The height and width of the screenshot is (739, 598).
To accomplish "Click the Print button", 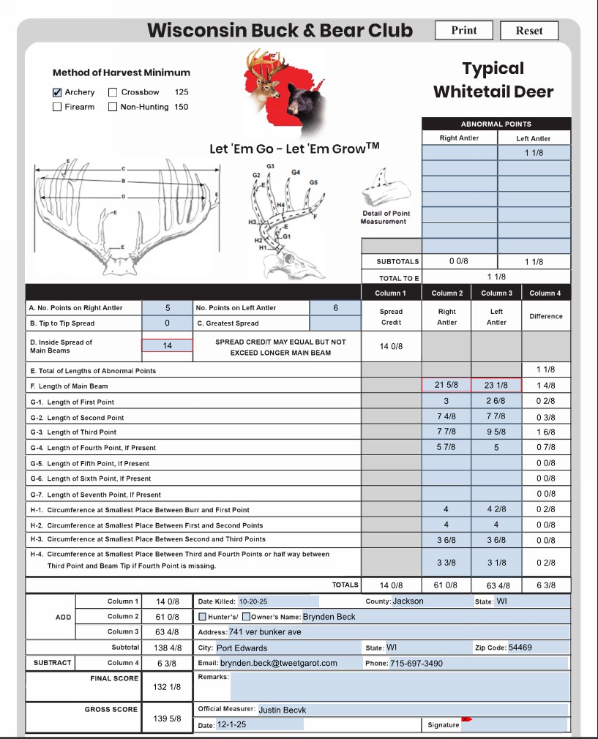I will tap(463, 30).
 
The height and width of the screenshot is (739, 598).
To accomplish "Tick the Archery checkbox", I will tap(57, 93).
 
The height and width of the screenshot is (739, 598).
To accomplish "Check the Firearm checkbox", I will tap(57, 107).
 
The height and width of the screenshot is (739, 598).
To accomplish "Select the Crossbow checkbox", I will tap(113, 93).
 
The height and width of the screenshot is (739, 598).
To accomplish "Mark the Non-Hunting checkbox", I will tap(113, 107).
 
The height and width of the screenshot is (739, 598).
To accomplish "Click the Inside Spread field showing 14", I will tap(167, 345).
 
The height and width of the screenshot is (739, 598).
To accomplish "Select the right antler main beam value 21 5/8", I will tap(446, 386).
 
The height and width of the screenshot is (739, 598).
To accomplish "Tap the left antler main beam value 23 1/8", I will tap(496, 386).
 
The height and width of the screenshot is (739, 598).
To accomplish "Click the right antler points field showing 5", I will tap(167, 308).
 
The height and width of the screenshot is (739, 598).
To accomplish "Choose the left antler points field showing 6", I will tap(335, 308).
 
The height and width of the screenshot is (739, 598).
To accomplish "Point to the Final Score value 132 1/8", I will tap(167, 687).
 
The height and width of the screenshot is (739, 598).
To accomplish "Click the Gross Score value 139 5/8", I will tap(167, 719).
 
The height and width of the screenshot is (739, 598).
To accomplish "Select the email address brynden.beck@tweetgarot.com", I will tap(279, 663).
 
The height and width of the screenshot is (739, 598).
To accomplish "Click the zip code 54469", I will tap(520, 648).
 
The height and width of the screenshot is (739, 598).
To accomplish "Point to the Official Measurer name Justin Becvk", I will tap(283, 709).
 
